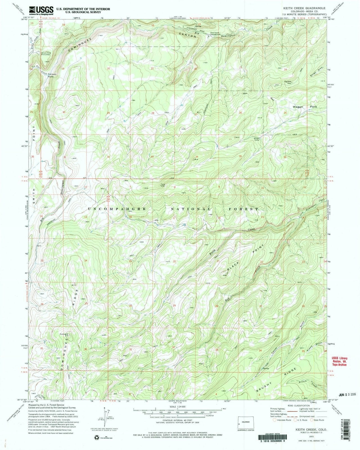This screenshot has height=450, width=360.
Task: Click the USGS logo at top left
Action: point(41,10)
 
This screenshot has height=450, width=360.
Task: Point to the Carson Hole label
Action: point(52,75)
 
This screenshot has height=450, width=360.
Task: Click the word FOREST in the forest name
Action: point(246,209)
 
